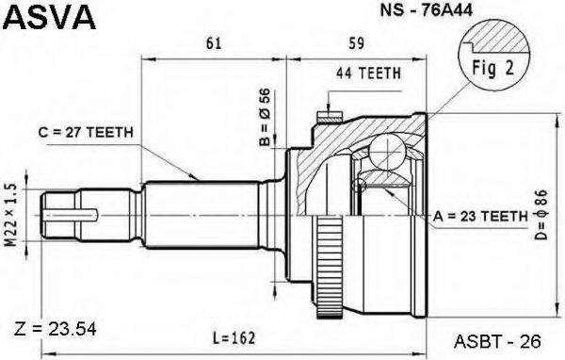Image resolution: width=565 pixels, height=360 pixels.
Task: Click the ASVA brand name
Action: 50,18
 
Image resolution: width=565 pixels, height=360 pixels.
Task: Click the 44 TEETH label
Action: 367,73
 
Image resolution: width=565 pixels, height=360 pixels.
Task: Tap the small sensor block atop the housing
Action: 328,118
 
